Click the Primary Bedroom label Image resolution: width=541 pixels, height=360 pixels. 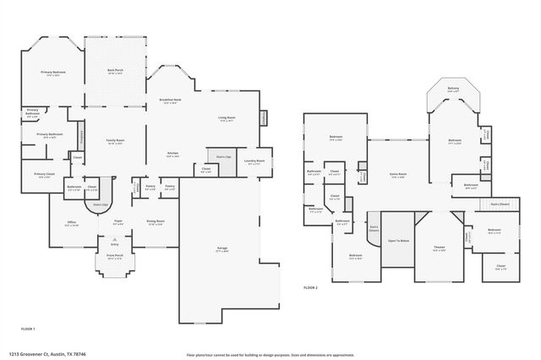[53, 74]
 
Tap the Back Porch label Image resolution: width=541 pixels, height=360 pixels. [116, 71]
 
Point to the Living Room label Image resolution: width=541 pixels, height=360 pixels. [227, 119]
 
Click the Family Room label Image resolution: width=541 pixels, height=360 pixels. [115, 141]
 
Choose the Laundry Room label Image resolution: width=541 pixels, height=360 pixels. [255, 161]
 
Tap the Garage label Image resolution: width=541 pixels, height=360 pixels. [222, 249]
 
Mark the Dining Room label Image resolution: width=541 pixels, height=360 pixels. [156, 222]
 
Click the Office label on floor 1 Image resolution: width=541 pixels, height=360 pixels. [72, 224]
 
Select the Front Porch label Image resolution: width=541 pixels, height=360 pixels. [114, 257]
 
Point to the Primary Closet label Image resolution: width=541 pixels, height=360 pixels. [45, 176]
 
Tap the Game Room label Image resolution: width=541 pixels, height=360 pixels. [397, 175]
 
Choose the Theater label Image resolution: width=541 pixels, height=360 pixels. [439, 248]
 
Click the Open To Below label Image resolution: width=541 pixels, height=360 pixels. [398, 241]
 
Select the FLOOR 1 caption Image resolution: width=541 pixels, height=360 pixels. [28, 328]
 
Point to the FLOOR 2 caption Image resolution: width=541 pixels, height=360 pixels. [311, 288]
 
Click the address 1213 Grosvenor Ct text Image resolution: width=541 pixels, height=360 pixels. [42, 355]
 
